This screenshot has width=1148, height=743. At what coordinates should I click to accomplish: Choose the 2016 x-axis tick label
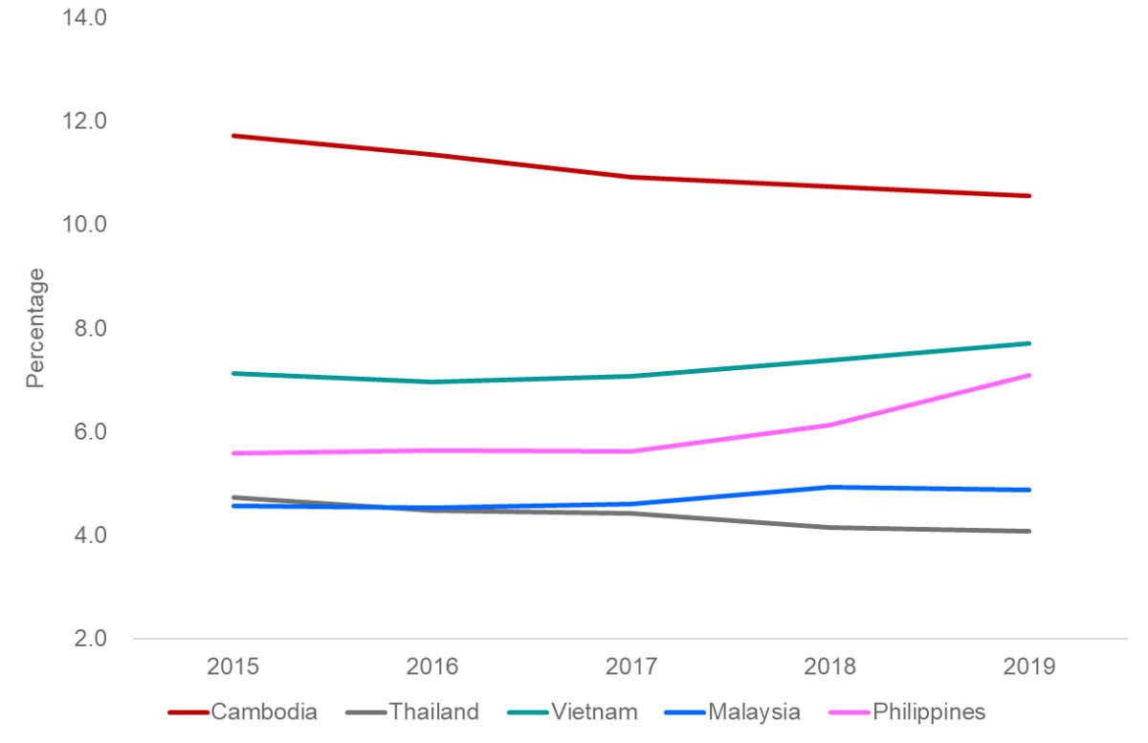tap(432, 667)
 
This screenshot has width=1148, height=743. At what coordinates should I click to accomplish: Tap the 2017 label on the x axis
tap(632, 667)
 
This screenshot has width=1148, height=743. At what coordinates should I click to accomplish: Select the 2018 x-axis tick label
tap(831, 667)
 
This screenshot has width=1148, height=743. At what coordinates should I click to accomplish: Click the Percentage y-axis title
tap(35, 327)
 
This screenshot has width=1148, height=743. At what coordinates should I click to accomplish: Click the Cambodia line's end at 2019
tap(1030, 196)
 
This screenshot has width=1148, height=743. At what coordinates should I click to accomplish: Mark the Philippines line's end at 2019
tap(1030, 375)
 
